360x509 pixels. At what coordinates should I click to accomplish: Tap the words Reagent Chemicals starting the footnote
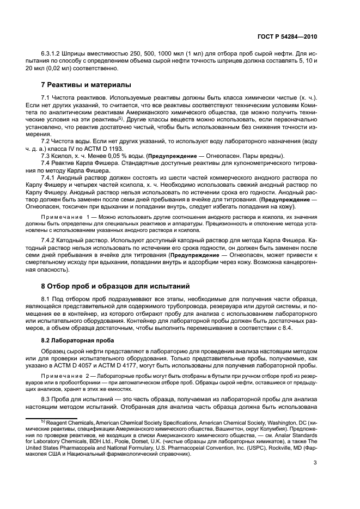click(71, 422)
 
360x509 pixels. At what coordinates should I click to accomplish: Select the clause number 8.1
click(46, 299)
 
